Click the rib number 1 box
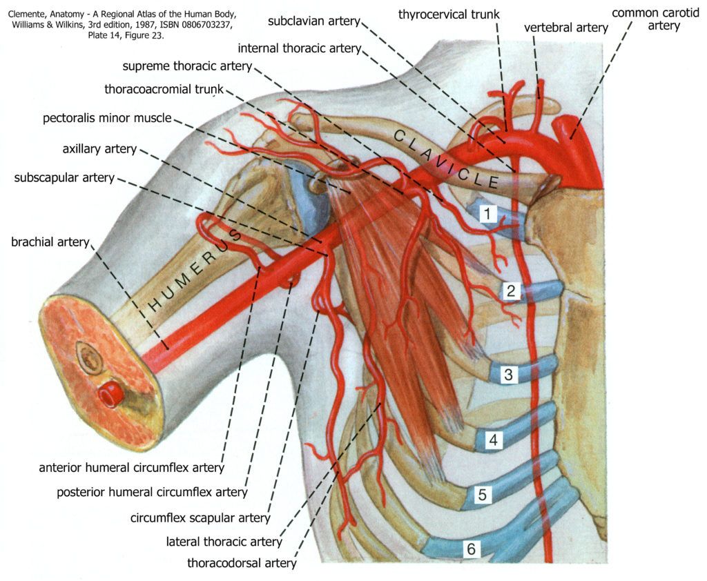tap(487, 213)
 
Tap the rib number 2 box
tap(510, 290)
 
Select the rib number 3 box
tap(508, 375)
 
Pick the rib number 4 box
tap(492, 439)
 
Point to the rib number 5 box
tap(483, 494)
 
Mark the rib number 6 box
tap(471, 549)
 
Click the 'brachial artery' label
tap(50, 242)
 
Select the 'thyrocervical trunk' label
tap(449, 14)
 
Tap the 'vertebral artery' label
tap(566, 28)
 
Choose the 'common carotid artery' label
tap(646, 19)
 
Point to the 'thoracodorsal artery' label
tap(242, 562)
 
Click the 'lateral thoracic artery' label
tap(224, 542)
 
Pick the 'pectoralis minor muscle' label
tap(107, 118)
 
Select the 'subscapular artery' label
tap(64, 177)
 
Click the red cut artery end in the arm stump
tap(109, 394)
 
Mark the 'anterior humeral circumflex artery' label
tap(132, 467)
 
